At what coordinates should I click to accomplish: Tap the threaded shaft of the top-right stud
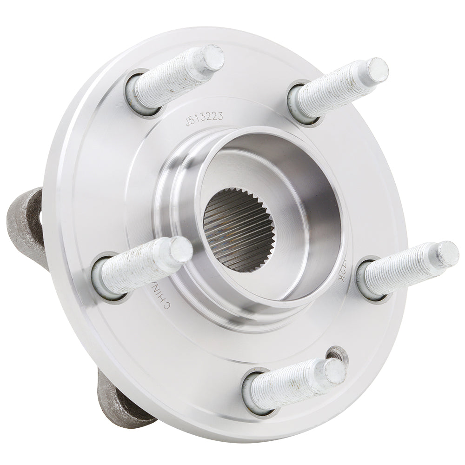coord(335,91)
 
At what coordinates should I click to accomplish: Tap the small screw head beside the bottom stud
coord(336,354)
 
